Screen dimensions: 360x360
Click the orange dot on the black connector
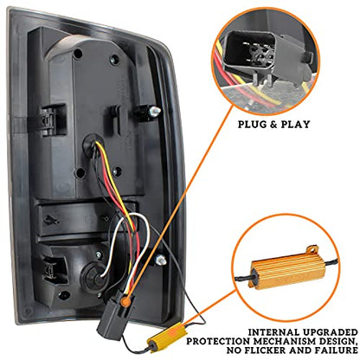(x=125, y=302)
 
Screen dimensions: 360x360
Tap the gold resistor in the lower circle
(x=287, y=269)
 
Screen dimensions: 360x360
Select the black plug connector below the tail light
(x=114, y=313)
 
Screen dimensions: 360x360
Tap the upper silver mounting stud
(x=155, y=111)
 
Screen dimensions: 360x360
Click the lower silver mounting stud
(x=161, y=260)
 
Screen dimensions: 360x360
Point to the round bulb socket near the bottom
(x=93, y=275)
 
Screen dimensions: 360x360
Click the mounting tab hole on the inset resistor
(x=312, y=248)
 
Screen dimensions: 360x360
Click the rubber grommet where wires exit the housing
(x=92, y=145)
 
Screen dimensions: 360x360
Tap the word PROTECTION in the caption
(x=217, y=341)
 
